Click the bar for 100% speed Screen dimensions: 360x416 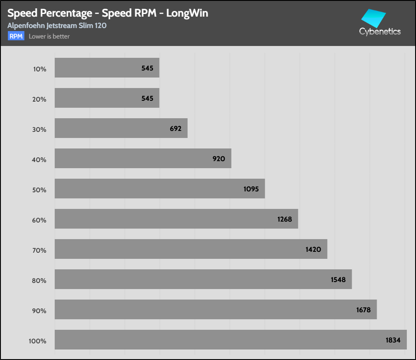[231, 339]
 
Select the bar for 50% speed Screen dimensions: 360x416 [160, 188]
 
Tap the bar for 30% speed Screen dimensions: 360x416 [121, 128]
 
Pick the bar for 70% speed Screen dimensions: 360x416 [191, 249]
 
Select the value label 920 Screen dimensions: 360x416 [219, 159]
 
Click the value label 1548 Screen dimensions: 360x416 [338, 279]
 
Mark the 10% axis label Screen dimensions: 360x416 [39, 69]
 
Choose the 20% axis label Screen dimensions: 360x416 [39, 99]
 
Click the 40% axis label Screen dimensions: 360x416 [39, 159]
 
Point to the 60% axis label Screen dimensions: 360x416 [39, 220]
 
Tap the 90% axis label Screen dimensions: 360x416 [39, 311]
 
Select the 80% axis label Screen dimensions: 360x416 [39, 280]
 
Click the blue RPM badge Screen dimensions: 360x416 [16, 36]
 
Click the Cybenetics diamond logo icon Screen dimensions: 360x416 [373, 18]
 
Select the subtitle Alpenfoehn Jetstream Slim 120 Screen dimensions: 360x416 [57, 25]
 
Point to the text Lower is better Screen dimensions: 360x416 [49, 36]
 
